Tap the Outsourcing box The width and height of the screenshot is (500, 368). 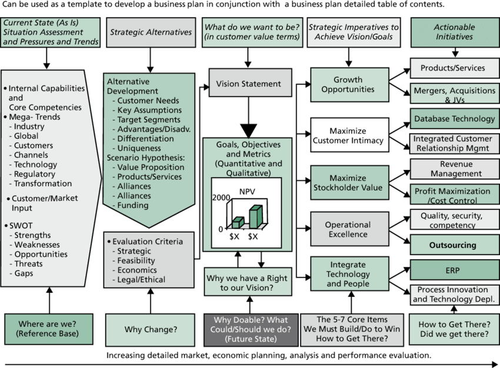(452, 245)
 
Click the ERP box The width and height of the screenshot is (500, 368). (452, 270)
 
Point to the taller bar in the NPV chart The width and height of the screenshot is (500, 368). (256, 216)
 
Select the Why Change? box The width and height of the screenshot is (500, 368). (150, 329)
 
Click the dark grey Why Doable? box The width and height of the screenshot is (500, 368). (251, 329)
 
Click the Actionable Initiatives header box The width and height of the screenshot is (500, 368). (453, 32)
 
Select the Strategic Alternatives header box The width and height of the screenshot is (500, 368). (151, 32)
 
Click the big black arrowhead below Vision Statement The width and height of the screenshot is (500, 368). (249, 130)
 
